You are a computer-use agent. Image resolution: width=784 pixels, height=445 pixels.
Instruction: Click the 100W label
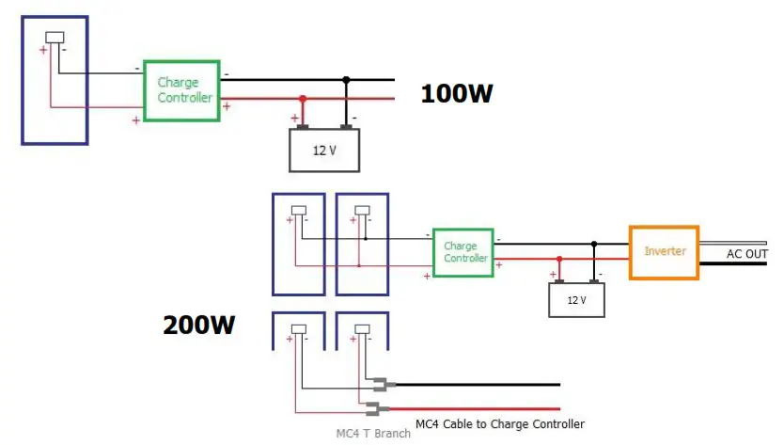456,94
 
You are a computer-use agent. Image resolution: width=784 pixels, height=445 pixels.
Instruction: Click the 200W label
199,326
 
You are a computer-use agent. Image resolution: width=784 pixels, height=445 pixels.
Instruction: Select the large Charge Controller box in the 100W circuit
183,90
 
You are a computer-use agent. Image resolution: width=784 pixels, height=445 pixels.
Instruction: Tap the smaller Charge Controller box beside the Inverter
463,252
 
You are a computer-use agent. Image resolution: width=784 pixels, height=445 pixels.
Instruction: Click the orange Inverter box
664,252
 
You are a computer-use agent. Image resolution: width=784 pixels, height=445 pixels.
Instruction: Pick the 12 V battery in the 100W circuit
324,151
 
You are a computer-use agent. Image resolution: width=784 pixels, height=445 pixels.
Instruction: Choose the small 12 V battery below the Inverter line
576,300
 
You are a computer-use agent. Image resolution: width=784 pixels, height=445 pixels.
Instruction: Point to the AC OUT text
747,255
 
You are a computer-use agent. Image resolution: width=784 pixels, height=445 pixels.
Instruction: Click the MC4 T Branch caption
373,434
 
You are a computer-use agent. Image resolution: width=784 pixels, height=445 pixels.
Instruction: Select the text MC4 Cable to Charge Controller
500,424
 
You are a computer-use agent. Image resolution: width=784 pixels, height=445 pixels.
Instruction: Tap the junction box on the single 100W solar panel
55,39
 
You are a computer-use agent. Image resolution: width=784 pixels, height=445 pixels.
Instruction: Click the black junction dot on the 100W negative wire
347,80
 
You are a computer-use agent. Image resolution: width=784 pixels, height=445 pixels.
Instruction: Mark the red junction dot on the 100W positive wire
302,99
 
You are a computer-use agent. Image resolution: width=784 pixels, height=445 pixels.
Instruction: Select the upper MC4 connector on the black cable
384,384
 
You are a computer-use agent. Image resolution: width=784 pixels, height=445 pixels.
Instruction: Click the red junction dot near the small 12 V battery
559,259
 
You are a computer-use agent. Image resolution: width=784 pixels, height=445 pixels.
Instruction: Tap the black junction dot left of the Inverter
594,244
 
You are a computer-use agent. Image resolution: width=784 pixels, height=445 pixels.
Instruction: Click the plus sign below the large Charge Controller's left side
136,119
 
